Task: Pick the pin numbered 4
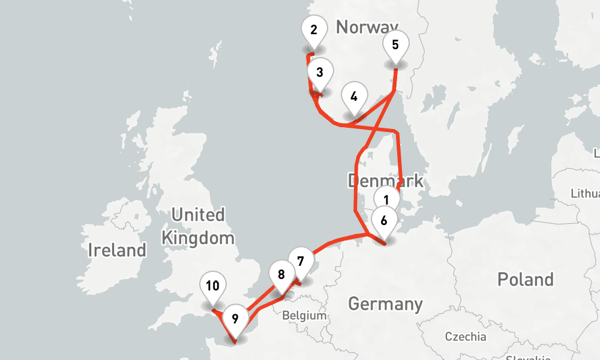coord(354,97)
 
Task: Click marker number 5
coord(395,45)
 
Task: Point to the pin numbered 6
coord(384,221)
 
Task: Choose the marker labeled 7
coord(301,262)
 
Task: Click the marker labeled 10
coord(212,286)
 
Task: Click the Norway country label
coord(367,26)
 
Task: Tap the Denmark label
coord(385,181)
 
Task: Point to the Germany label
coord(385,304)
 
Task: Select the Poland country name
coord(525,279)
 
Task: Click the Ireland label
coord(117,250)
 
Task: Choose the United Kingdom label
coord(198,226)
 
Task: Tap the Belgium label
coord(304,316)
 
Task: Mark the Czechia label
coord(466,336)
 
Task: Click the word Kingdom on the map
coord(198,238)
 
